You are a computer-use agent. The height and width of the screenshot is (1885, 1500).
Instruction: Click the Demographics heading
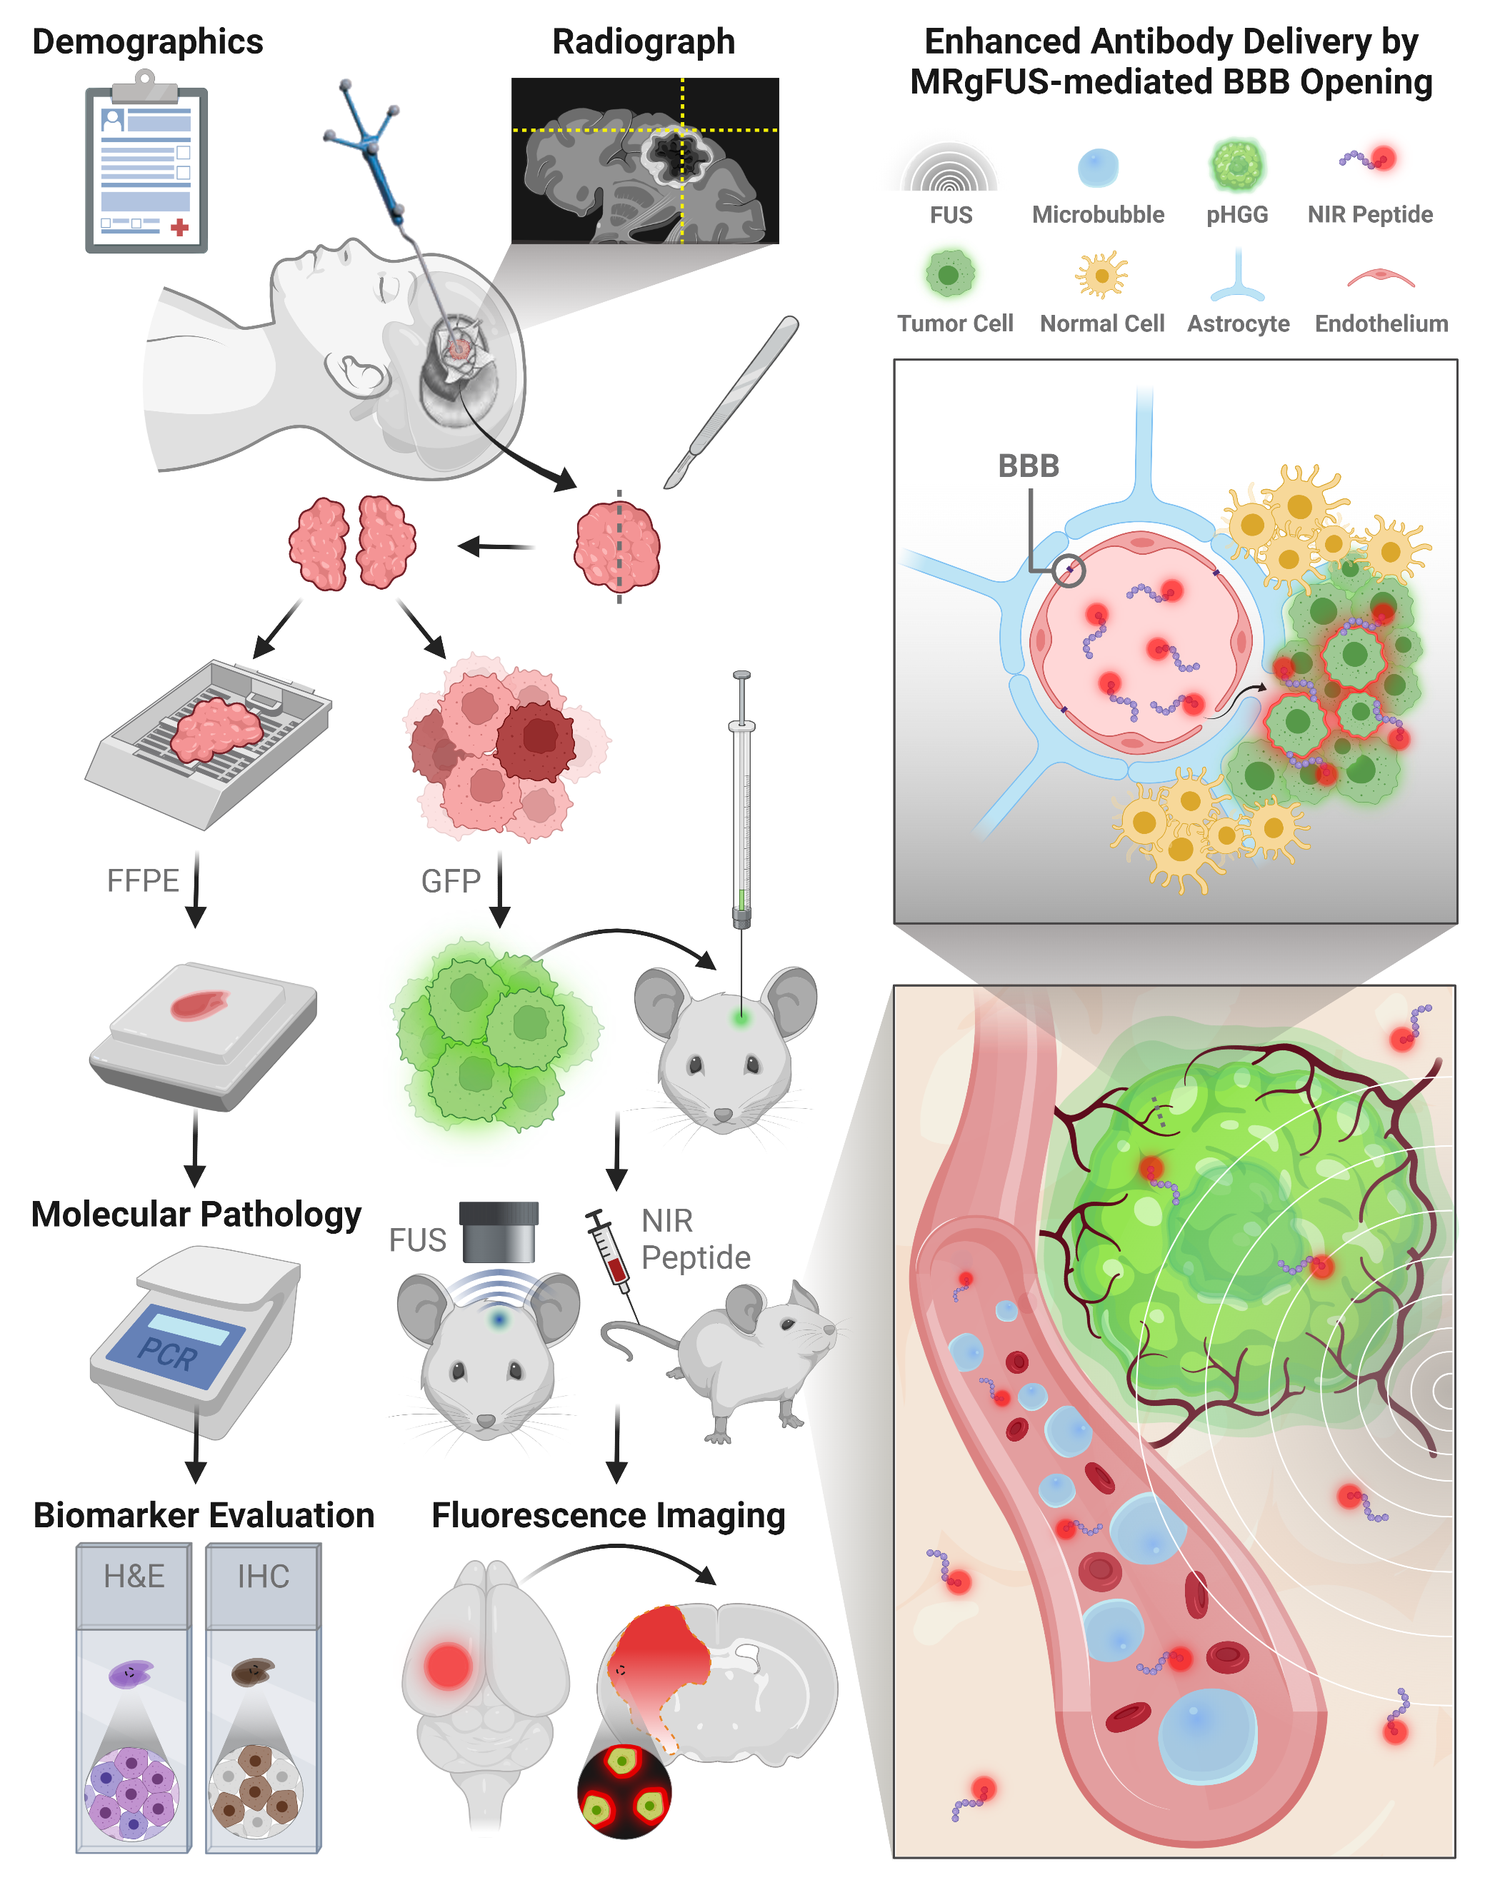pos(147,42)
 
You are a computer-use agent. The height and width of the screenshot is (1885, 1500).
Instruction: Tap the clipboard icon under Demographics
pos(146,166)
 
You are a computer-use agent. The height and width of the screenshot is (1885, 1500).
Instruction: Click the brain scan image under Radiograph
pos(644,160)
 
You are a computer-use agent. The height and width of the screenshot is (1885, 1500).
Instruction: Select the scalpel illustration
pos(731,401)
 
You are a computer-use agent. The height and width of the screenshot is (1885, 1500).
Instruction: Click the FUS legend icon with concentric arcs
pos(950,168)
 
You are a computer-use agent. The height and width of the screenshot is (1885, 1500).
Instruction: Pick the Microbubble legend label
pos(1098,214)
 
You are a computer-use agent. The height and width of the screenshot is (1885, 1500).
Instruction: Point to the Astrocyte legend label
pos(1238,323)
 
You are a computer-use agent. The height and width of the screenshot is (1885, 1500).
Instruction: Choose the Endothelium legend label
pos(1381,323)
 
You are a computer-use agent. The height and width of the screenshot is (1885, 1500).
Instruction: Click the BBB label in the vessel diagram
pos(1028,466)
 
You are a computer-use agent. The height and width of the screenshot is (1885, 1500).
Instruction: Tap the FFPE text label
pos(143,880)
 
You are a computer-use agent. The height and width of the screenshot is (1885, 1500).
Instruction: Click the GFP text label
pos(451,881)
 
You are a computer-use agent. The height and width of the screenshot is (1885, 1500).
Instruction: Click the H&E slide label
pos(134,1577)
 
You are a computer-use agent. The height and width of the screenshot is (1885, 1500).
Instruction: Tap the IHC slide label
pos(264,1577)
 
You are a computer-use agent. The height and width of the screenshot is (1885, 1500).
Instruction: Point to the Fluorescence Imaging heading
pos(608,1515)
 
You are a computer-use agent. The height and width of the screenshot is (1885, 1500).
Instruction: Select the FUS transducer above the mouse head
pos(499,1232)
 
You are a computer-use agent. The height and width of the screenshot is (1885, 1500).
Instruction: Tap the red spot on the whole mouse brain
pos(448,1664)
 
